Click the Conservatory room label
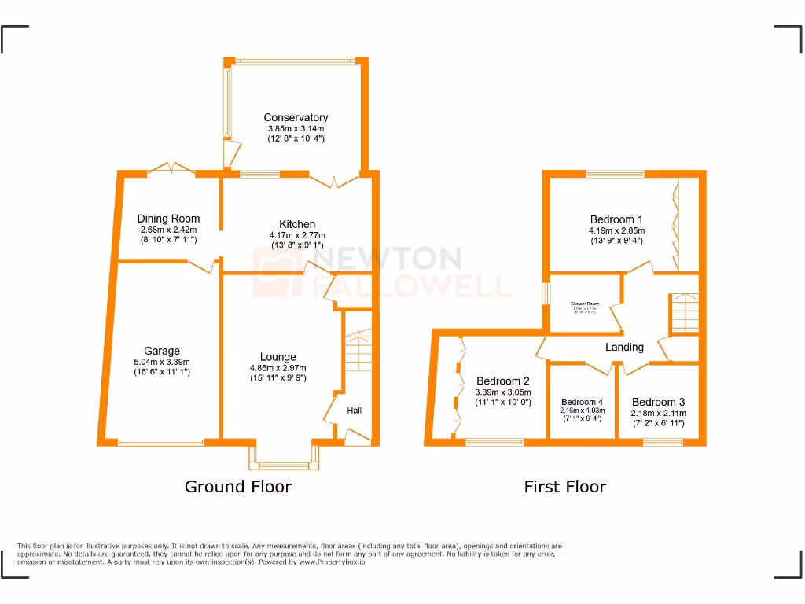[296, 118]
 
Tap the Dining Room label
[168, 219]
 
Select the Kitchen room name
[297, 224]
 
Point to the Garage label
[162, 351]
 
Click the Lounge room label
[278, 357]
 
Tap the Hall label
[355, 410]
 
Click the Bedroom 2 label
[503, 381]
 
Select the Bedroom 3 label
[658, 402]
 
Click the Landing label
[624, 347]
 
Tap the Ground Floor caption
[237, 487]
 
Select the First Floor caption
[564, 487]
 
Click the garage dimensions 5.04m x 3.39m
[162, 362]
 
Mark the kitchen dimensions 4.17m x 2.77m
[298, 235]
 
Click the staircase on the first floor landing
[683, 312]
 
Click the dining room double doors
[171, 167]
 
